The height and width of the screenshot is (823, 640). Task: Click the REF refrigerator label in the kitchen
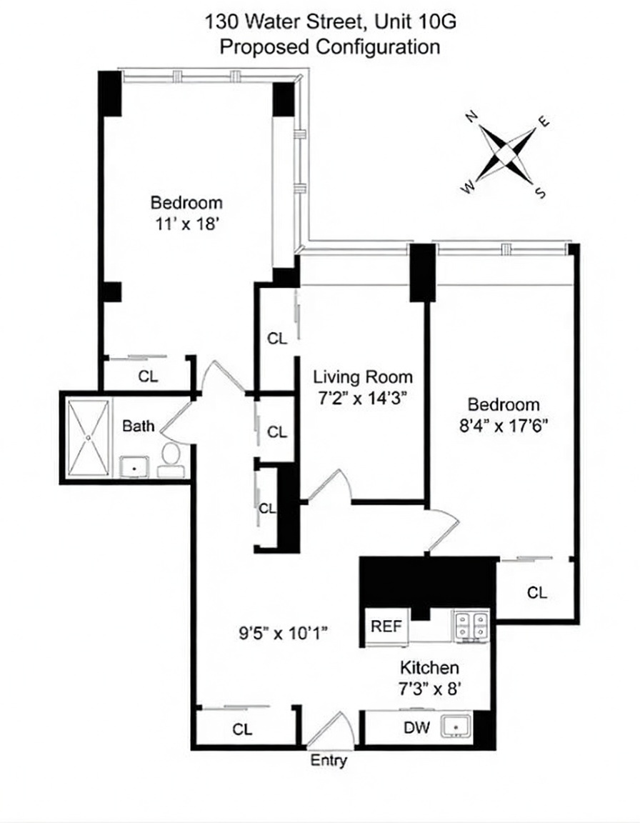387,627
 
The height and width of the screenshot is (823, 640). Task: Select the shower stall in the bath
89,437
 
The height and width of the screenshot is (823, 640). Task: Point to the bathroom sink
133,467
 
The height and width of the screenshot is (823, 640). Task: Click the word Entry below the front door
329,761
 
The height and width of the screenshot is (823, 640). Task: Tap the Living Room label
363,377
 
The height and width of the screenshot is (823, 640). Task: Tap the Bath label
138,427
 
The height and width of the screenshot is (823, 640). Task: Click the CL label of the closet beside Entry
242,730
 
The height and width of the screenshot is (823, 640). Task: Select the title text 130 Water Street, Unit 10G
330,23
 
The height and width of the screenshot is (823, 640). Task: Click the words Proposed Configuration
329,47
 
